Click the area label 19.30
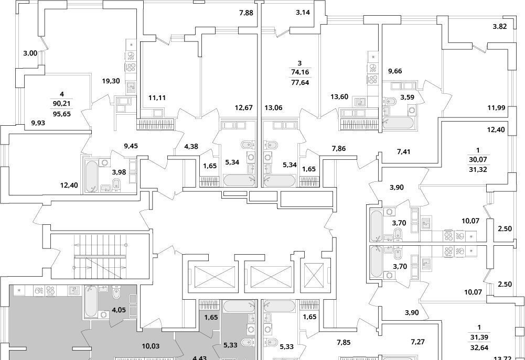112,81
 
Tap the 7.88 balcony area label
245,14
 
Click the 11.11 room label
157,97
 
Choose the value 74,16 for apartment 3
299,72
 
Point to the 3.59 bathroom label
408,96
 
